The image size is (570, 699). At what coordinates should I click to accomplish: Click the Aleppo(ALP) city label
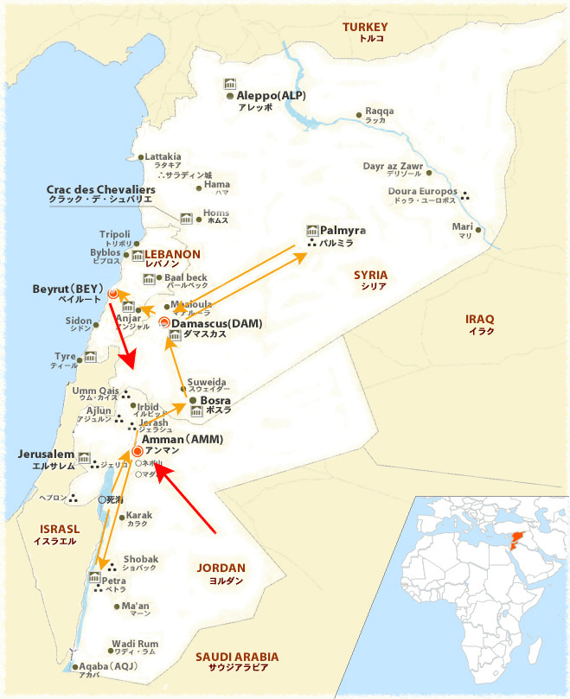(272, 96)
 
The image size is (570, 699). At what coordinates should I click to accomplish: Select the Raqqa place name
(379, 111)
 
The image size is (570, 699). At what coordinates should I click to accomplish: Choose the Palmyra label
(343, 231)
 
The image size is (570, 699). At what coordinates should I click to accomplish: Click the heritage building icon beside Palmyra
(312, 231)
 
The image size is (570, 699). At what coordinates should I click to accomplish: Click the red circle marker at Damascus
(164, 323)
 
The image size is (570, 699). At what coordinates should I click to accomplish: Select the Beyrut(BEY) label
(67, 288)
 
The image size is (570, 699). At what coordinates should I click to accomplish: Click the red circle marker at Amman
(137, 450)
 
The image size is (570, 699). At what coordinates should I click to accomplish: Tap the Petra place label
(115, 581)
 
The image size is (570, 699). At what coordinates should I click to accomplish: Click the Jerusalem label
(39, 454)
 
